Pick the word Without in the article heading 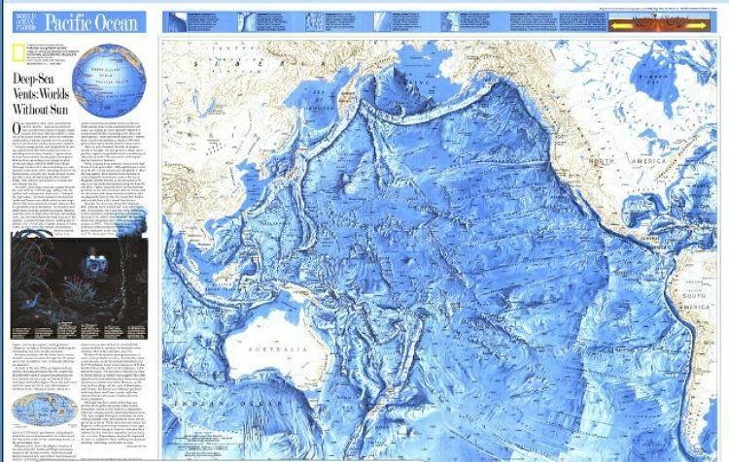29,109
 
